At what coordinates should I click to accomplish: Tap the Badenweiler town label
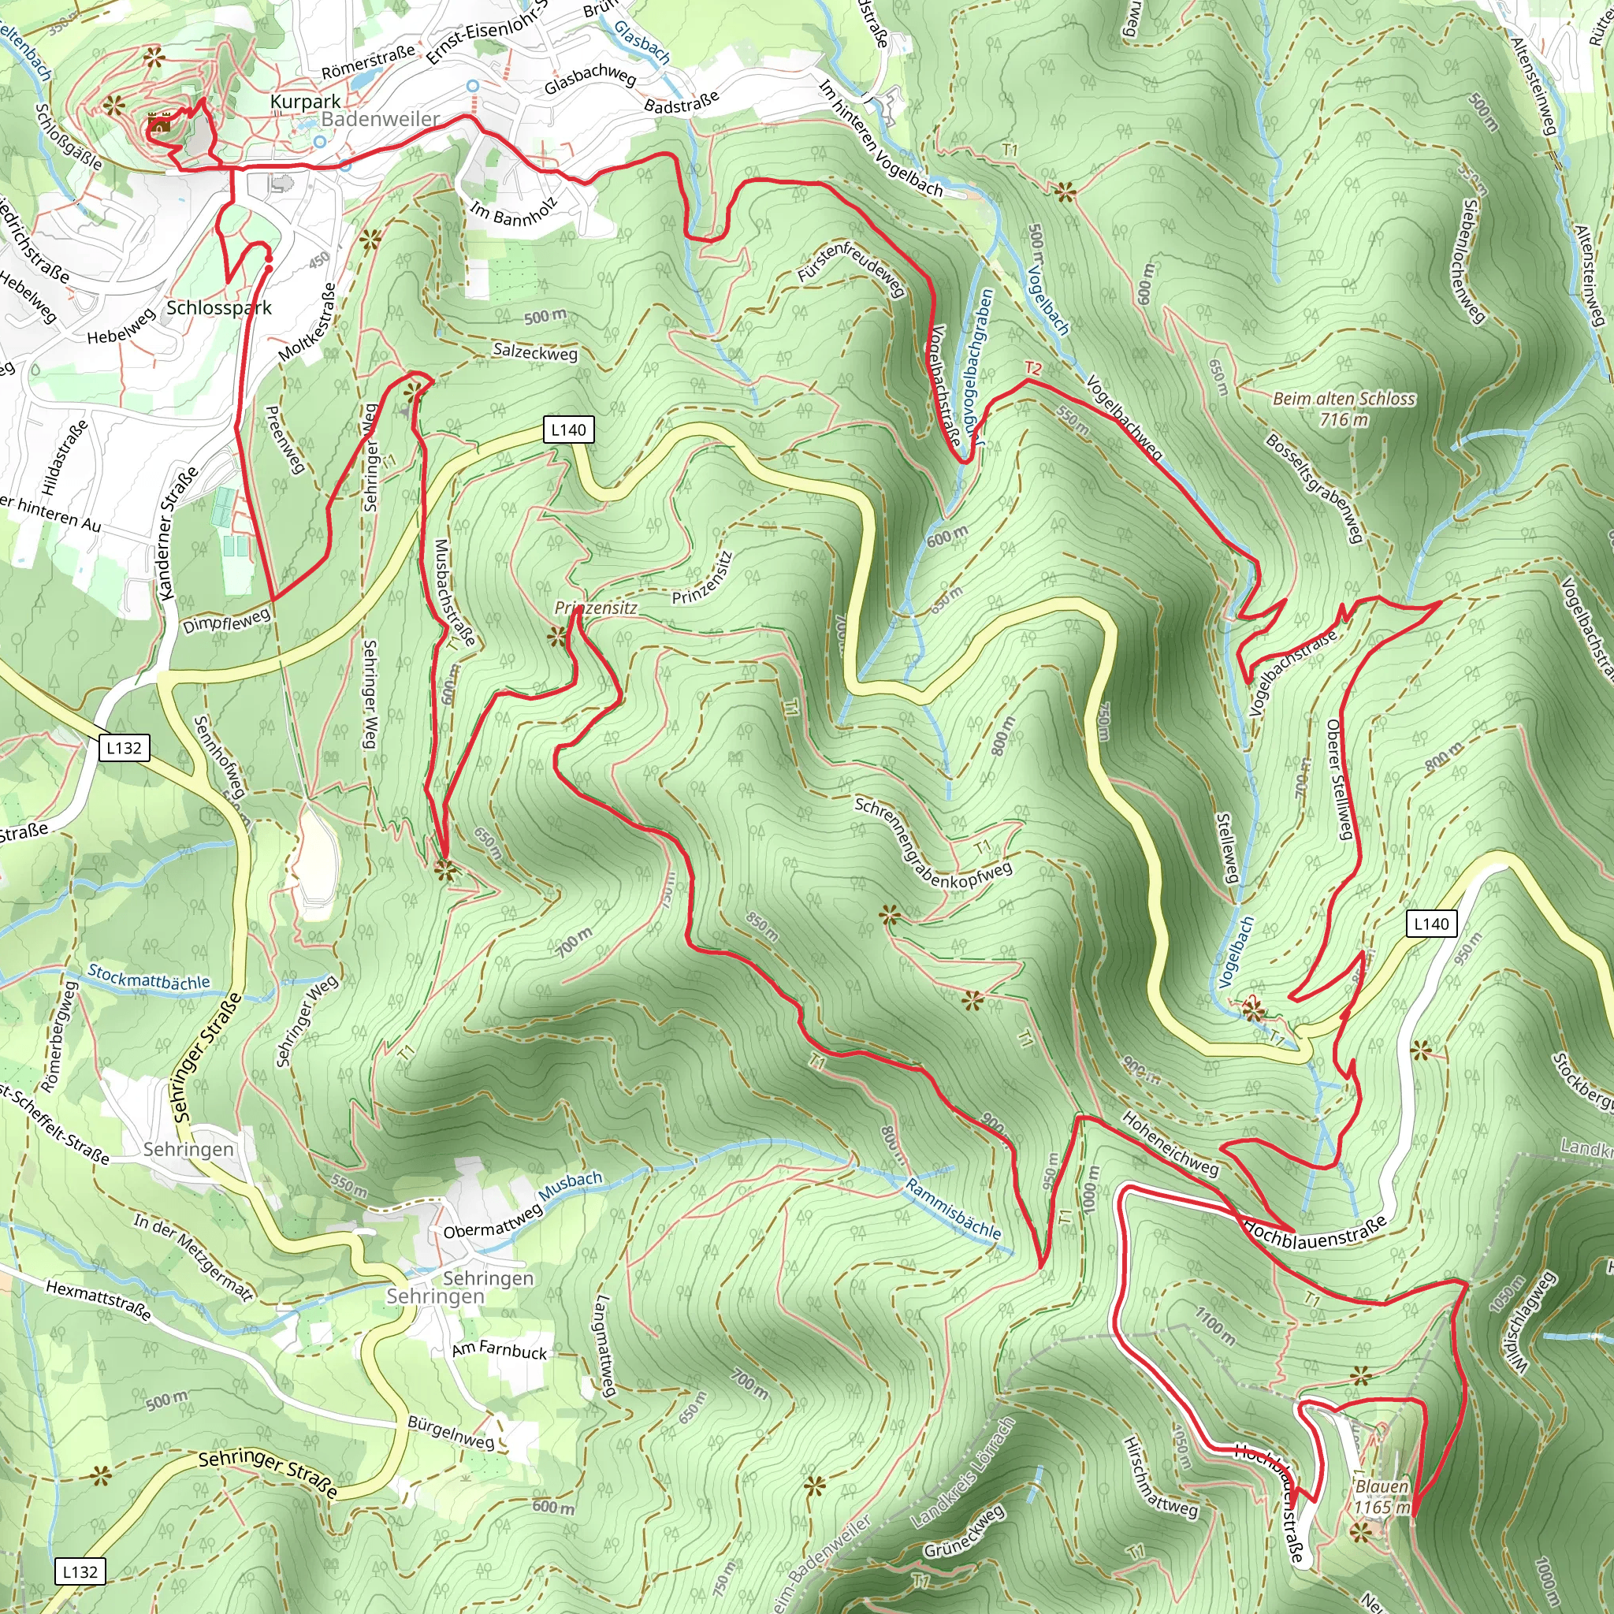pyautogui.click(x=380, y=119)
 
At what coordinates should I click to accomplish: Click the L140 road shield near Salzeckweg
pyautogui.click(x=568, y=430)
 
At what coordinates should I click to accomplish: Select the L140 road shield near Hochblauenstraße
pyautogui.click(x=1431, y=924)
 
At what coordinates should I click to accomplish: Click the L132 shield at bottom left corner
pyautogui.click(x=80, y=1571)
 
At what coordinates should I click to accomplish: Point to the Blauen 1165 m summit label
pyautogui.click(x=1382, y=1497)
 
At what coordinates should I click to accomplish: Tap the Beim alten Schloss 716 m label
pyautogui.click(x=1344, y=408)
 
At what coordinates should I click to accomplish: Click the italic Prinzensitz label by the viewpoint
pyautogui.click(x=596, y=608)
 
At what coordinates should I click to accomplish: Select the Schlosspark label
pyautogui.click(x=219, y=307)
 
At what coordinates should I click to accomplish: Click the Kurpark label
pyautogui.click(x=305, y=101)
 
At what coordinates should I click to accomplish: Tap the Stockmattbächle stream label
pyautogui.click(x=149, y=977)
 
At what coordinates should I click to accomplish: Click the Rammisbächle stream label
pyautogui.click(x=952, y=1209)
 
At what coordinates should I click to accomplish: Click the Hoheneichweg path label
pyautogui.click(x=1170, y=1144)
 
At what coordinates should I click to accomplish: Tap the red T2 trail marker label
pyautogui.click(x=1033, y=368)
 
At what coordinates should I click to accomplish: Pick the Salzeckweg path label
pyautogui.click(x=534, y=351)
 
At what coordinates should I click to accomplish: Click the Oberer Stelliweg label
pyautogui.click(x=1338, y=779)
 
